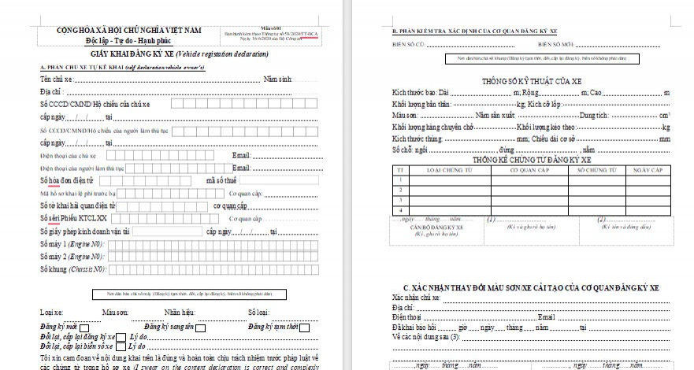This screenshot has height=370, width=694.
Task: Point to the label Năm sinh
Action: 277,80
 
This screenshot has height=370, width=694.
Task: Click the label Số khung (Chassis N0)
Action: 72,269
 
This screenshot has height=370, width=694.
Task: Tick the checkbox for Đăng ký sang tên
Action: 201,327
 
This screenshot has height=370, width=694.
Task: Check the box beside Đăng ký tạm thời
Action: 304,327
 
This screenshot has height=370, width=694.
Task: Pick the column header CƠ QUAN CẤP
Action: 522,168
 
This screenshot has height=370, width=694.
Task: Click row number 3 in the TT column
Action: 401,200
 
